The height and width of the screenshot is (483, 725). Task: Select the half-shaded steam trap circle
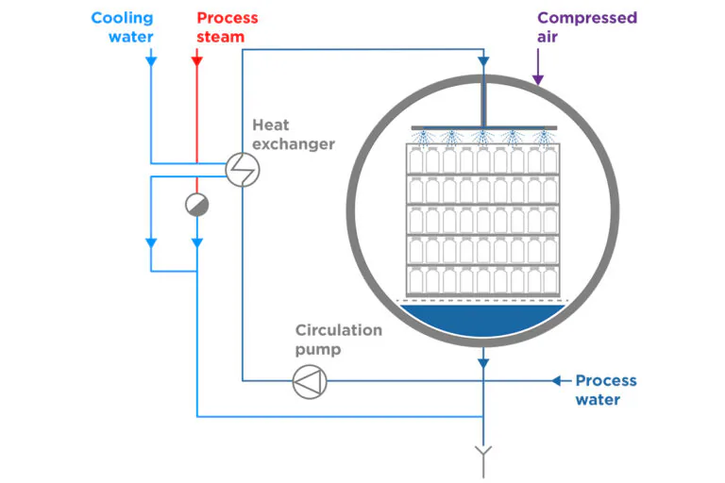point(197,205)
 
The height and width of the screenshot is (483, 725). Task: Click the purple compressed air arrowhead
point(538,79)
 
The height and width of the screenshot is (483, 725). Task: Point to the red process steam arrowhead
point(197,61)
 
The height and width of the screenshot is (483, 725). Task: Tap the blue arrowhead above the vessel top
point(483,61)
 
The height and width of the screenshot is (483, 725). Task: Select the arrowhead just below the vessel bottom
point(483,364)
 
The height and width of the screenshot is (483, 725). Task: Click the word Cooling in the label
point(122,18)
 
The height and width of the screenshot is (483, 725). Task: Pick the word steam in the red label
point(221,37)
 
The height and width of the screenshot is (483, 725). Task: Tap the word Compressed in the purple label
point(587,18)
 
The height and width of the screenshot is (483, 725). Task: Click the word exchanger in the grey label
point(294,144)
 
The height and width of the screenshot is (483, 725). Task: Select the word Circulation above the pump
point(339,330)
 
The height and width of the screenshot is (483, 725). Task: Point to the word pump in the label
point(318,350)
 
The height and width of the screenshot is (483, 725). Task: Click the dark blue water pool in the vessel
point(482,320)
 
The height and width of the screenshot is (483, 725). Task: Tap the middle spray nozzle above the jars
point(482,138)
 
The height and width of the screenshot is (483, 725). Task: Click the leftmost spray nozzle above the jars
point(422,138)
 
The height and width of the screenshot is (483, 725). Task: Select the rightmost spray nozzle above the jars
point(544,138)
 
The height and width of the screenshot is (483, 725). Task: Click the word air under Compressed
point(548,37)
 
